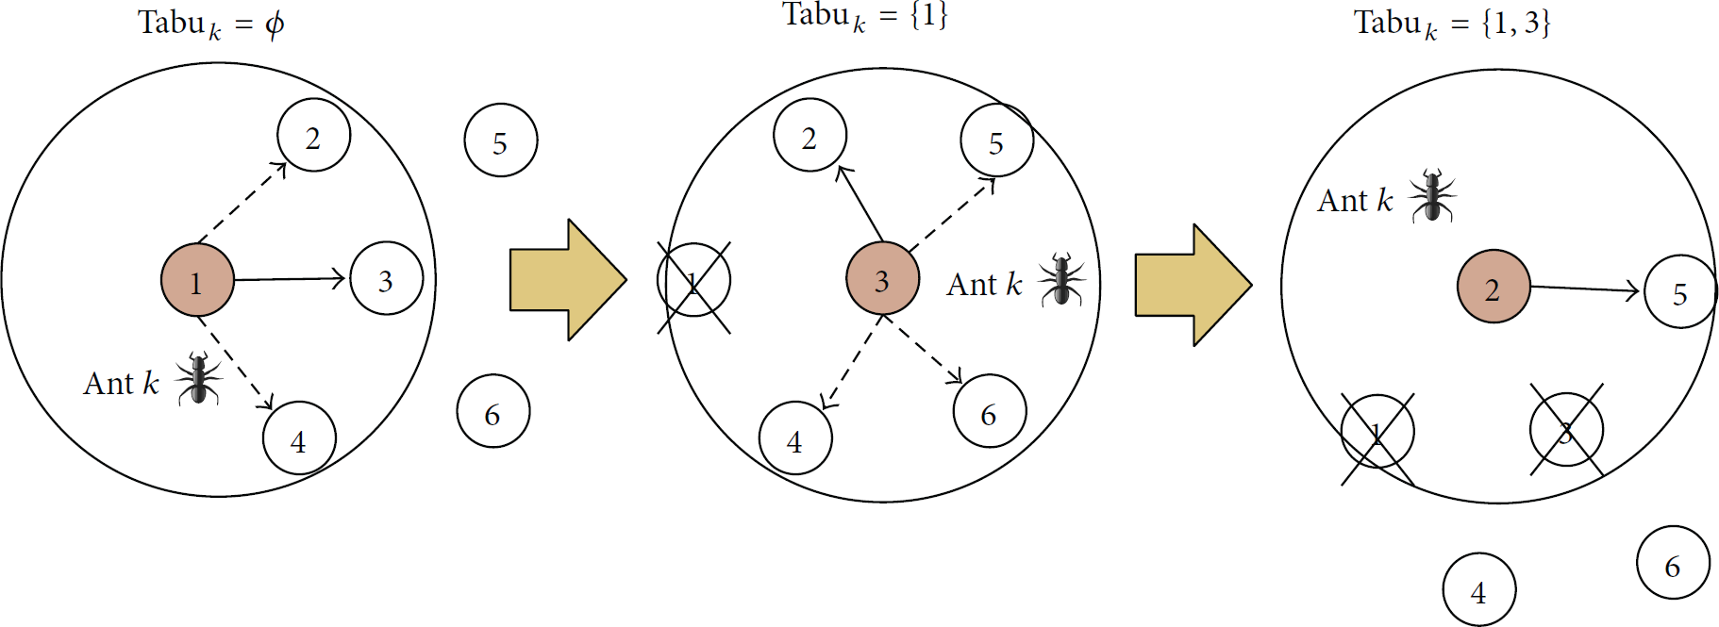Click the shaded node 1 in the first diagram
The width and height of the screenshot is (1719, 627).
(197, 280)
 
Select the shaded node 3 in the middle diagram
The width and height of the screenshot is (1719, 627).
(882, 278)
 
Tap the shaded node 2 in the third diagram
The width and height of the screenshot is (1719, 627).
(1494, 287)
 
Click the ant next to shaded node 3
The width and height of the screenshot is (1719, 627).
(1061, 279)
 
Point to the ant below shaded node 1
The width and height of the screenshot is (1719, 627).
(198, 378)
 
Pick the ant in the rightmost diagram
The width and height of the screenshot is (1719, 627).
(1432, 195)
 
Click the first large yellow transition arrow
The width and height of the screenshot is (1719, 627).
(568, 280)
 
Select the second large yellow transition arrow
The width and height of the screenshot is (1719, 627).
(1193, 285)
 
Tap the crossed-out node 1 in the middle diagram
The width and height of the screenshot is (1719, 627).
(693, 281)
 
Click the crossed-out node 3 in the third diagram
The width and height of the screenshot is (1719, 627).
(1566, 431)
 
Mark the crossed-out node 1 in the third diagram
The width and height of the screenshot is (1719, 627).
(1377, 433)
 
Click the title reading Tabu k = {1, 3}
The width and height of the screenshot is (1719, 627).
(1452, 24)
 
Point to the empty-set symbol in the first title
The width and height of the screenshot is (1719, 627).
(275, 23)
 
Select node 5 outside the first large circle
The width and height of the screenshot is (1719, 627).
(501, 140)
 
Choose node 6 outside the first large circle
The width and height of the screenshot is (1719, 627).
(493, 411)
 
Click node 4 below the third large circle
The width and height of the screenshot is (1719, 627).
(1479, 590)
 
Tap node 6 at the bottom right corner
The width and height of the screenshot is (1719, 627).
(1673, 563)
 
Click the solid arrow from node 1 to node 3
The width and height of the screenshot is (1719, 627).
(291, 278)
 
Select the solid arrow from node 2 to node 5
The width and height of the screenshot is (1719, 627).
(1586, 289)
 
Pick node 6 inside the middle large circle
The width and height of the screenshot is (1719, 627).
(990, 411)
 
